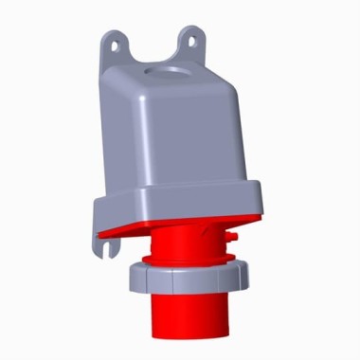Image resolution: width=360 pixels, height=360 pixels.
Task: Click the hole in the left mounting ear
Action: point(118,43)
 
